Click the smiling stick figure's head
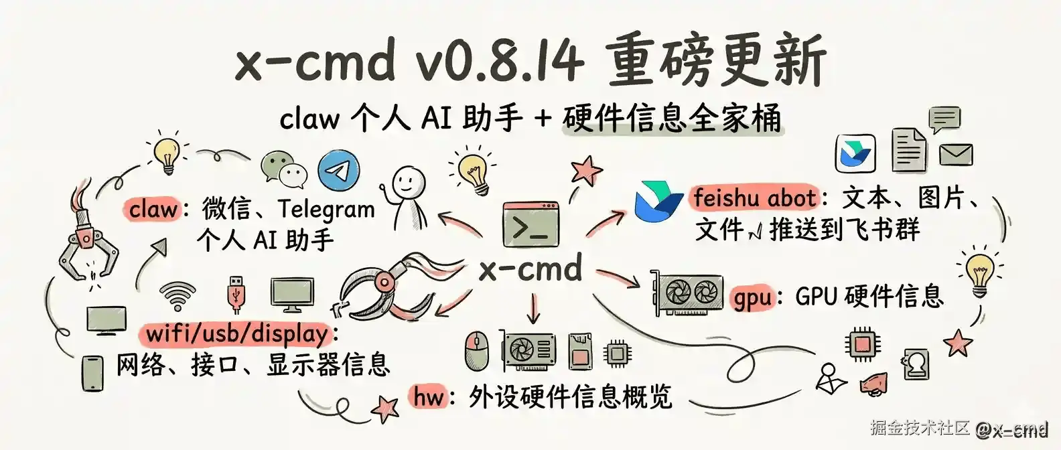point(408,181)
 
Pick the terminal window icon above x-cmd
point(530,224)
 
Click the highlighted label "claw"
point(153,209)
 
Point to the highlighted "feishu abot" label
point(755,198)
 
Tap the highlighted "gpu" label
point(752,297)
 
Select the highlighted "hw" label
point(429,396)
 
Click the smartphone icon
point(93,373)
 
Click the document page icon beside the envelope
point(908,151)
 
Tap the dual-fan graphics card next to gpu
point(687,293)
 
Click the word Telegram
point(326,210)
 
